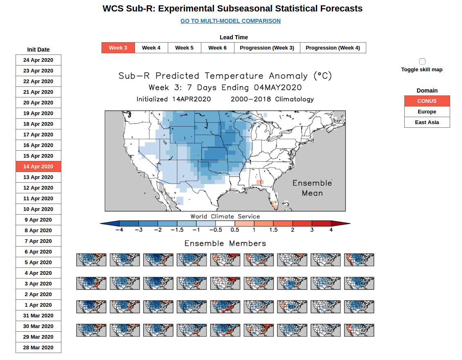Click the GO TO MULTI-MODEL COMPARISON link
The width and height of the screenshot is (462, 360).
(230, 21)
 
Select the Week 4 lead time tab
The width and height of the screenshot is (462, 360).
(151, 48)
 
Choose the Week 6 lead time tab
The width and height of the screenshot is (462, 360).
(217, 48)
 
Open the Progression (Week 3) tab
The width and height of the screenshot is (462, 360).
(267, 48)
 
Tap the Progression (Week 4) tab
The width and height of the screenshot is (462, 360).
(333, 48)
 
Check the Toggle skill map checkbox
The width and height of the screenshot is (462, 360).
(422, 61)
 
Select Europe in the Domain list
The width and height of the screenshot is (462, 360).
(427, 112)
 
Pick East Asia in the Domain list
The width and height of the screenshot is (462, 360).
(427, 122)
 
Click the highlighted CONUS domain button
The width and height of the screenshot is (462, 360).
(427, 101)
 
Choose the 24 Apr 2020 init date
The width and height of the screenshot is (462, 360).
(38, 60)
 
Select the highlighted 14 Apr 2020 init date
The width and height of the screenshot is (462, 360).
(38, 167)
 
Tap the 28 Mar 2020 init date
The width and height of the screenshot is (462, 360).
(38, 348)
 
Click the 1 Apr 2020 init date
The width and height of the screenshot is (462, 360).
(38, 305)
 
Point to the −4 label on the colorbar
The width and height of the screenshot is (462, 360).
(119, 230)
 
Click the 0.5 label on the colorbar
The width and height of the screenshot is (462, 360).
(235, 230)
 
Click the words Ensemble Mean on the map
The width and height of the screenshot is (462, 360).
(312, 188)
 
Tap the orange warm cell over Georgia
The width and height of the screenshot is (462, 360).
(260, 182)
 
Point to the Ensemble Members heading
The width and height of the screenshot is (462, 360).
(225, 244)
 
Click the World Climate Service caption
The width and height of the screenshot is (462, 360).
(225, 217)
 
